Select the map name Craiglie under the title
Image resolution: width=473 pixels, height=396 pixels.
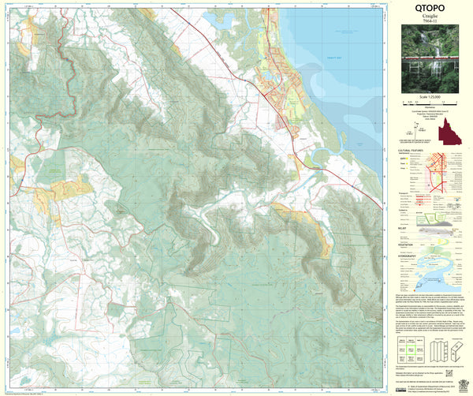point(429,17)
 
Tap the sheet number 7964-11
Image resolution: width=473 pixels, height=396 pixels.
point(429,22)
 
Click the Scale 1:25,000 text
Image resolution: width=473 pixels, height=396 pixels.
point(429,96)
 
